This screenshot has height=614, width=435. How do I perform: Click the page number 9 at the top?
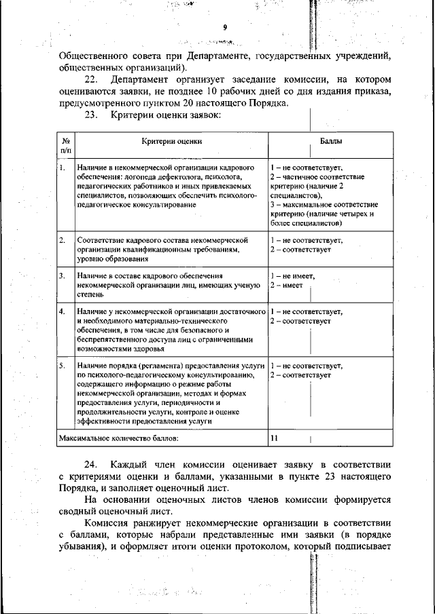click(x=224, y=27)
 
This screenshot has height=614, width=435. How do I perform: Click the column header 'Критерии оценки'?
click(x=172, y=141)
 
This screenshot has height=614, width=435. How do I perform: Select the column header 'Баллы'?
click(x=331, y=141)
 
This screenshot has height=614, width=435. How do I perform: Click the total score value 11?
click(x=274, y=438)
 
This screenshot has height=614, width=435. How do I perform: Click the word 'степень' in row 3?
click(x=91, y=295)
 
